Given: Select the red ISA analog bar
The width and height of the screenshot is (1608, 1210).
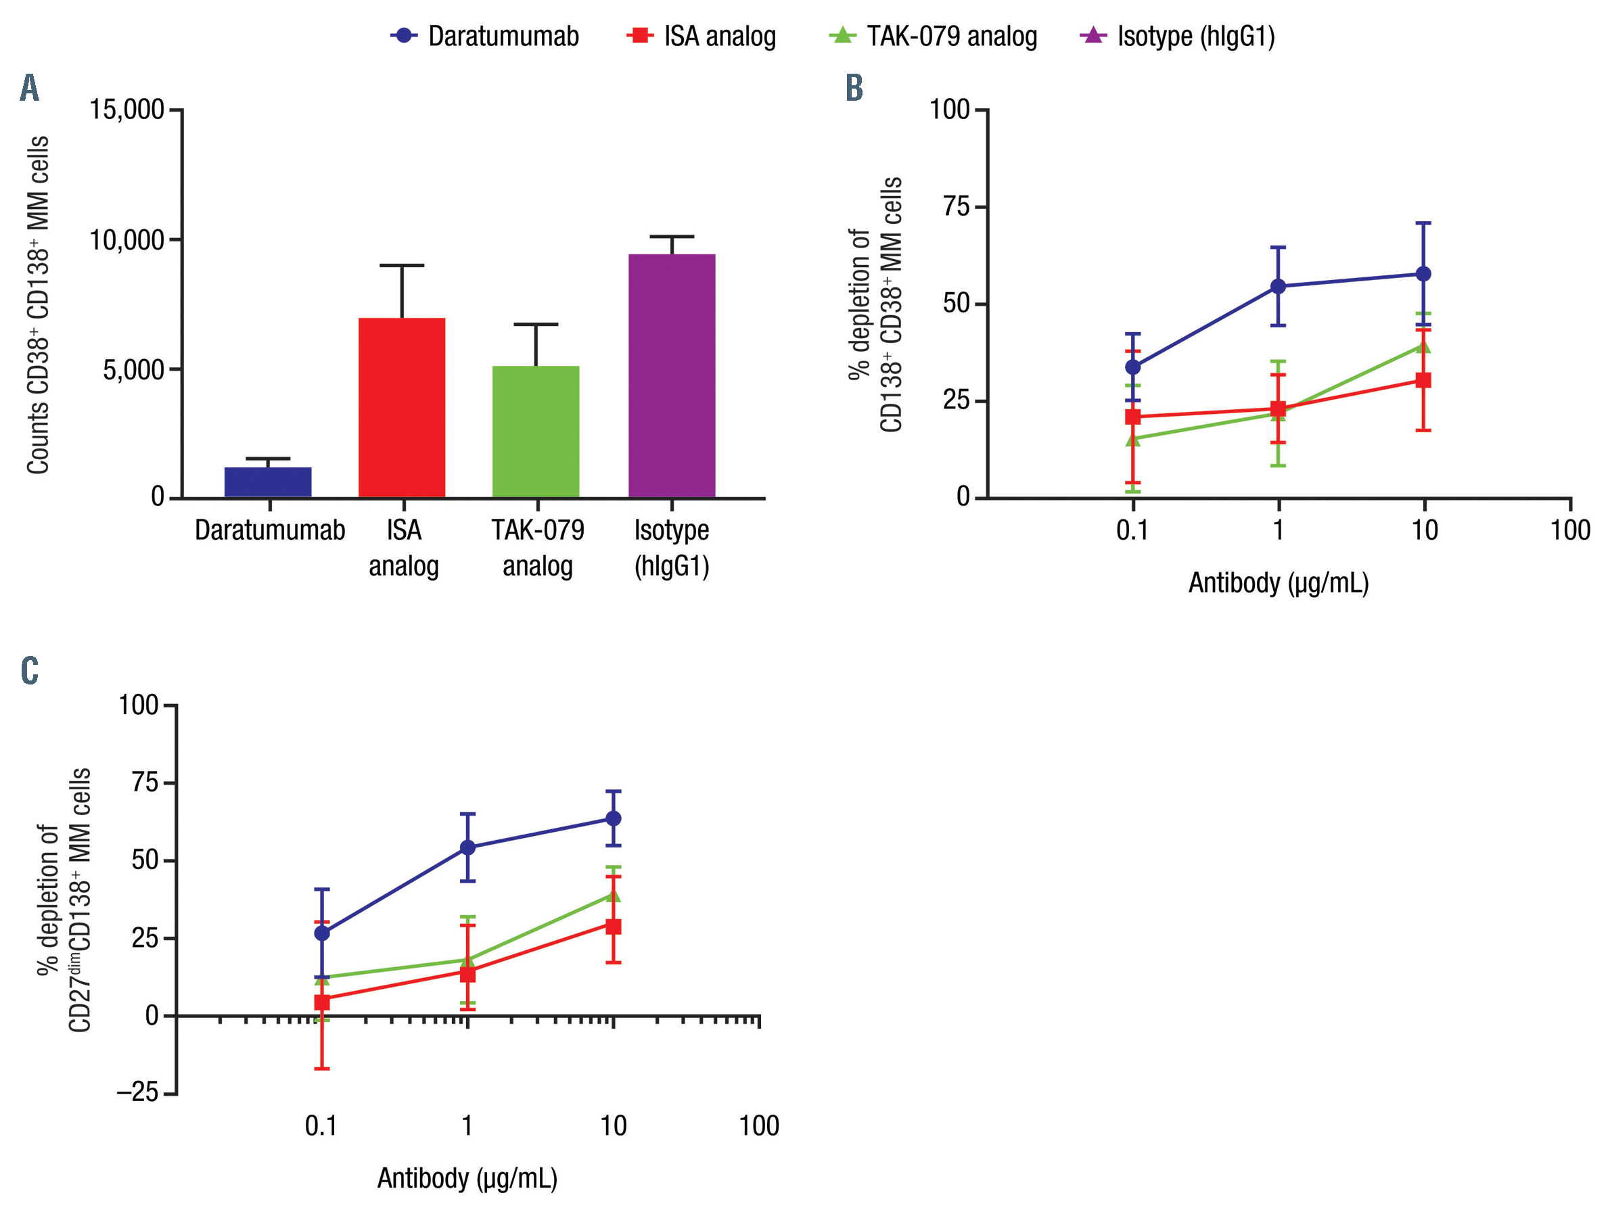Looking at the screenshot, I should [401, 408].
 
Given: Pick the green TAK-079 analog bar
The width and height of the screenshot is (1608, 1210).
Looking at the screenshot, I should [536, 432].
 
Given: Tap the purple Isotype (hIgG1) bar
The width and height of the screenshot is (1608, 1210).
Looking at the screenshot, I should [672, 376].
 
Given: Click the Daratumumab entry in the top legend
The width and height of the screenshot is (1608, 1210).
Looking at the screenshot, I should [485, 36].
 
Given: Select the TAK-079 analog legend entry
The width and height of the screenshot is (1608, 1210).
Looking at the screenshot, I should [934, 36].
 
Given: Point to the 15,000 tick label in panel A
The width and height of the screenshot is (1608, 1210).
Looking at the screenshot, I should [127, 110].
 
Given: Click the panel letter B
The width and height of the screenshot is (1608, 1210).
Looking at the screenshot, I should [854, 88].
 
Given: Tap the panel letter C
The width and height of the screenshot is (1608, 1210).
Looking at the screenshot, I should [29, 670].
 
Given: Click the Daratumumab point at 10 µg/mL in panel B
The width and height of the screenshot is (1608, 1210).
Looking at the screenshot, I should [1423, 274].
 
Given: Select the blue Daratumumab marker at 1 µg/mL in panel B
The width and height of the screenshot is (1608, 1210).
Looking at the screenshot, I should [1278, 286].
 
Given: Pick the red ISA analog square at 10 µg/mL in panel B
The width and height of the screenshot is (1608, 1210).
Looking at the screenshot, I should [1423, 380].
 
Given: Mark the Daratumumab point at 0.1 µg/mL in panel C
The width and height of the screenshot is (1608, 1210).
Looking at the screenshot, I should [322, 933].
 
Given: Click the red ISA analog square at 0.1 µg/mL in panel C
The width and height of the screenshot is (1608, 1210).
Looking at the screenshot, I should [322, 1002].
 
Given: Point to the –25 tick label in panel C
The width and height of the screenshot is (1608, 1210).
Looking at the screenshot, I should [137, 1092].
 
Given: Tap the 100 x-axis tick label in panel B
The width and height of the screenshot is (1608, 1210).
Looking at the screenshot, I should [1570, 530].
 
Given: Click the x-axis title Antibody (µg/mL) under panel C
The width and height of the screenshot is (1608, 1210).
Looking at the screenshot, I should [467, 1178].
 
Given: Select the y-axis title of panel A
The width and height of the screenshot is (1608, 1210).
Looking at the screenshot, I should [38, 305].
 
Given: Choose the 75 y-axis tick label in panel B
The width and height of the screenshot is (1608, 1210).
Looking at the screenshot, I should [956, 207].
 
